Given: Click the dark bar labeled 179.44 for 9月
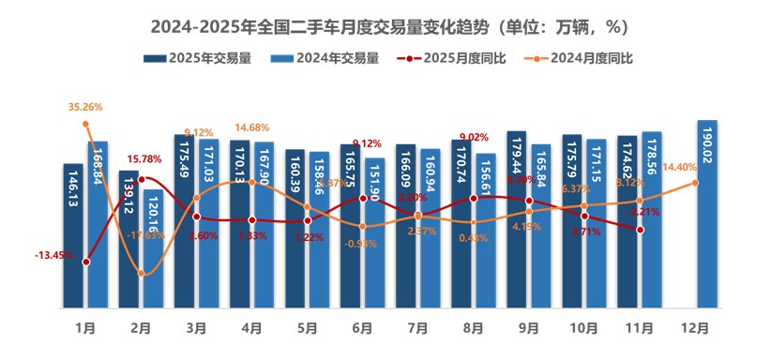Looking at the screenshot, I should tap(517, 219).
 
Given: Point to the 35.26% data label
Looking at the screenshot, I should tap(85, 108).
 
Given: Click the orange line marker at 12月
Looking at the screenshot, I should tap(695, 182).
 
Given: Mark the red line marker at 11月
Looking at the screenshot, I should tap(640, 230).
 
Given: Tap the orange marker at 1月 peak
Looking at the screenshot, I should tap(85, 124).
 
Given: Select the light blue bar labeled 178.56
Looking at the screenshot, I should tap(652, 219).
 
